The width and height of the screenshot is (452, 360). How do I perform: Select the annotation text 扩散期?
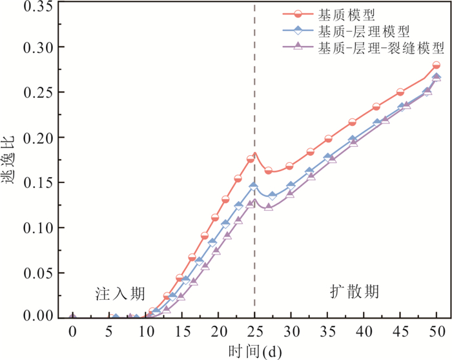click(x=350, y=292)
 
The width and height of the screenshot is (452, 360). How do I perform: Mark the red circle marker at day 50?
click(x=437, y=65)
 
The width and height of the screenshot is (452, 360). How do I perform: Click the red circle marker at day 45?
click(x=400, y=92)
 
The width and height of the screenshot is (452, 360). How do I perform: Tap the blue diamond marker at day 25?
click(x=254, y=186)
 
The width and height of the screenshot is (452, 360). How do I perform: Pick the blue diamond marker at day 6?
click(x=116, y=317)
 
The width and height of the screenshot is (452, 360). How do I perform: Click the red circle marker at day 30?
click(x=290, y=166)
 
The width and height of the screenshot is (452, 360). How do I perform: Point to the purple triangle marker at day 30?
click(x=290, y=193)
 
